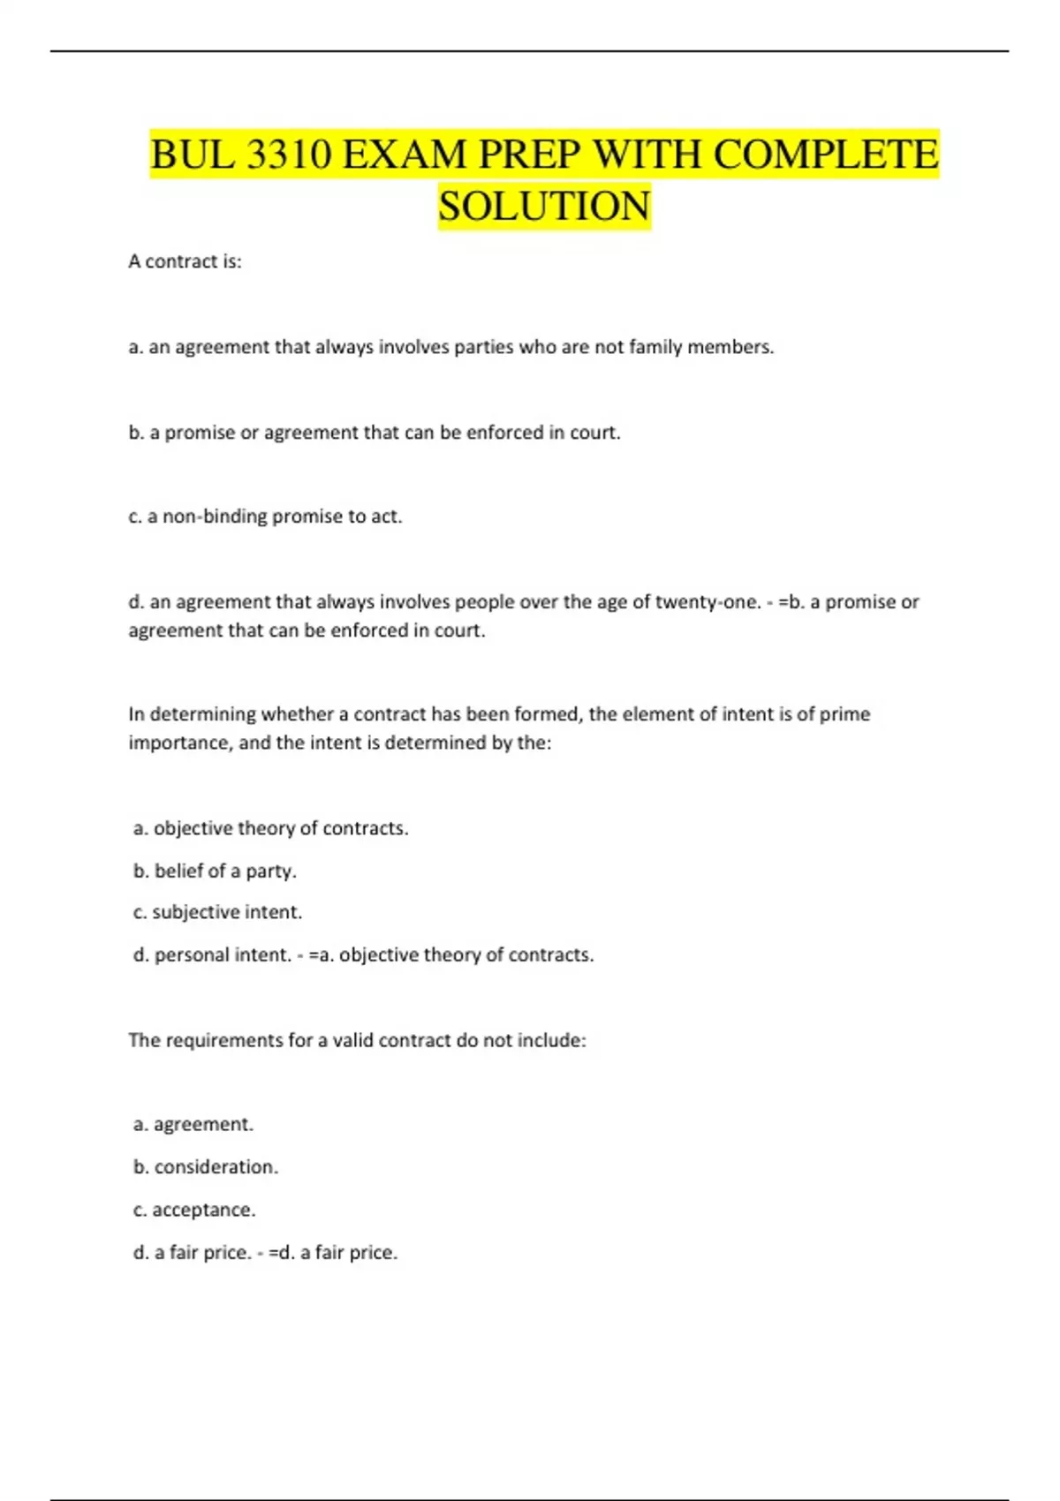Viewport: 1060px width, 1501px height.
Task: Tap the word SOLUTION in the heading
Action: coord(544,206)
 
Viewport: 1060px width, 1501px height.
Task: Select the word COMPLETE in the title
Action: coord(826,155)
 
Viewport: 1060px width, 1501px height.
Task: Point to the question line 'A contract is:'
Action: coord(185,261)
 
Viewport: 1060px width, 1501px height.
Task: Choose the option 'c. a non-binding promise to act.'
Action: coord(265,517)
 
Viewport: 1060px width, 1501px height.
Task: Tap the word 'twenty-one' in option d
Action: coord(706,602)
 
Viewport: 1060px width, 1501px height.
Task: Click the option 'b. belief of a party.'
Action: coord(215,871)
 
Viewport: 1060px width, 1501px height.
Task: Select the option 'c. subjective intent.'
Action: coord(217,912)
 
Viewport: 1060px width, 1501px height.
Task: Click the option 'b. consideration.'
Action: coord(206,1167)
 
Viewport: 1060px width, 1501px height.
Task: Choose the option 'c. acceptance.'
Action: coord(194,1210)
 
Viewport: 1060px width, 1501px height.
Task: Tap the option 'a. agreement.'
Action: coord(193,1124)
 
